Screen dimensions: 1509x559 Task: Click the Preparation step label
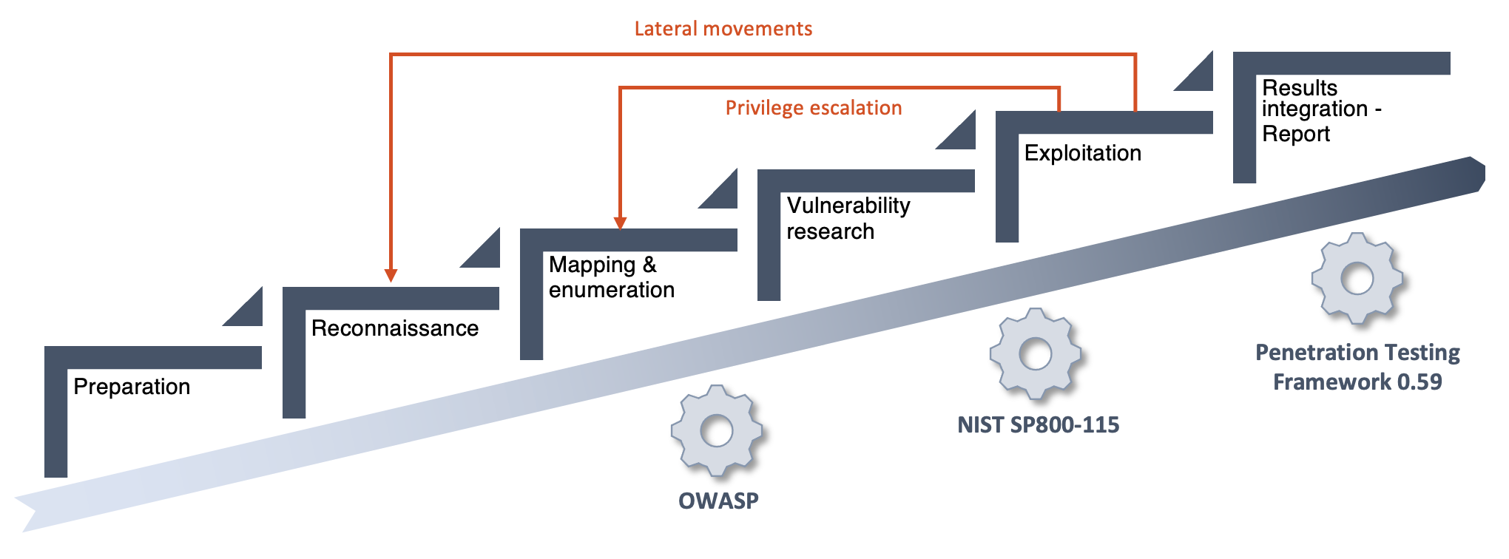132,387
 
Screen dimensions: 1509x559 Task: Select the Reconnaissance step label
395,328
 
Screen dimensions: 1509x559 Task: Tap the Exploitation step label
1083,153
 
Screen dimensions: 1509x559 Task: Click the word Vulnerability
848,206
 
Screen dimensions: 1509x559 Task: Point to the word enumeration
612,290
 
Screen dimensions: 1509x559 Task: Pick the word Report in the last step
1296,134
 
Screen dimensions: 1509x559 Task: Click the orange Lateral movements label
723,29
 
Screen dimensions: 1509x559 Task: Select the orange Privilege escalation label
814,108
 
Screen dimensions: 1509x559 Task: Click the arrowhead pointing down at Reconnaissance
391,275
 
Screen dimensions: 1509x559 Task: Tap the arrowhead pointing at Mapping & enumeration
621,223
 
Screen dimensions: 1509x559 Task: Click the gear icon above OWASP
717,430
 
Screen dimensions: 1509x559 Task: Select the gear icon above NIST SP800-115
1036,353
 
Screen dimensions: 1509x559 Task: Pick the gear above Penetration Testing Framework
1357,278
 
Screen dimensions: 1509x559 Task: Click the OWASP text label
718,501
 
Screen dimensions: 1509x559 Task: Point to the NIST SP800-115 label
1039,424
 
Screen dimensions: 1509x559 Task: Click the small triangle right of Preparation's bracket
249,312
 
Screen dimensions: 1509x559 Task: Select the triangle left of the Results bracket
1199,77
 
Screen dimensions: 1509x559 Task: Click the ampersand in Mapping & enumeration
649,265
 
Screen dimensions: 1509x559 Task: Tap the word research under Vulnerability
830,231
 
